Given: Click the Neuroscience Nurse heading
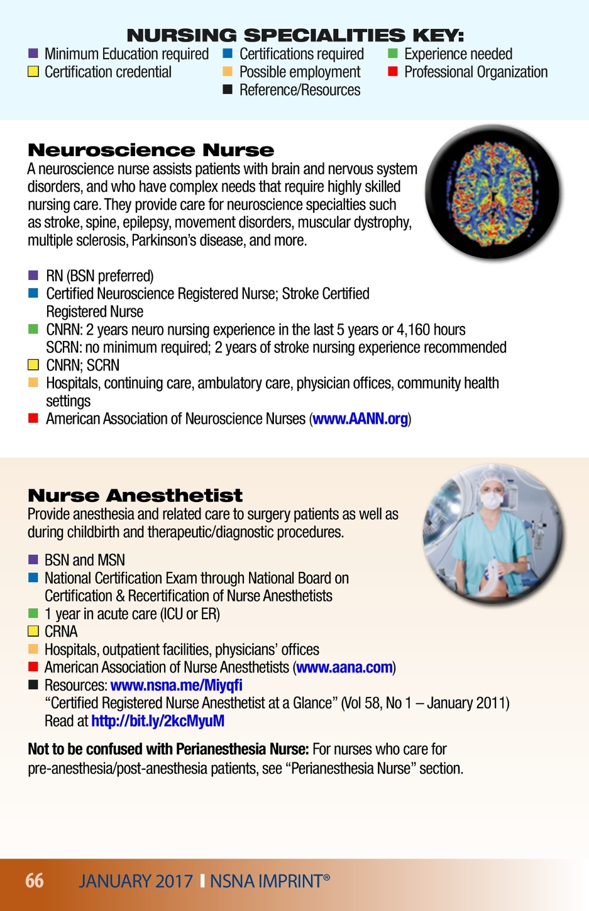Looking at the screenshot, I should pyautogui.click(x=151, y=150).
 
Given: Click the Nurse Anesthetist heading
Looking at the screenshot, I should pyautogui.click(x=135, y=495).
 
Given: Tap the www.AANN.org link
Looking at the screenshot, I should pyautogui.click(x=360, y=419).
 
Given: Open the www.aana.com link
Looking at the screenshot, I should pyautogui.click(x=344, y=668).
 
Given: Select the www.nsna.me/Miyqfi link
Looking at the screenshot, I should pyautogui.click(x=176, y=685).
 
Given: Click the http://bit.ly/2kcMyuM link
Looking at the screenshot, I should pyautogui.click(x=158, y=721).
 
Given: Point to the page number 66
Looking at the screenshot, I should pyautogui.click(x=35, y=880).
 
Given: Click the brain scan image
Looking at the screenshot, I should pyautogui.click(x=492, y=191).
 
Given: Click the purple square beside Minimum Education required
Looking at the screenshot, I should pyautogui.click(x=33, y=53).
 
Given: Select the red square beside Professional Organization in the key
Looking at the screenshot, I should pyautogui.click(x=393, y=72).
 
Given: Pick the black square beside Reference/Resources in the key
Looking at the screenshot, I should pyautogui.click(x=228, y=90).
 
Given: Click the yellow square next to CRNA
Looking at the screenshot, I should pyautogui.click(x=33, y=631).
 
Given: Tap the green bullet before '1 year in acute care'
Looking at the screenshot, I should pyautogui.click(x=33, y=613).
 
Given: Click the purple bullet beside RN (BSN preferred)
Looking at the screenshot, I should pyautogui.click(x=33, y=276).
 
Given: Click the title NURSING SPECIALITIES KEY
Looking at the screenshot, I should pyautogui.click(x=295, y=35).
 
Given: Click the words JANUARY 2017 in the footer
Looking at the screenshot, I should pyautogui.click(x=136, y=881).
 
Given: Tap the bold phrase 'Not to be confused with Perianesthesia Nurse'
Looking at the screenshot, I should pyautogui.click(x=168, y=749).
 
